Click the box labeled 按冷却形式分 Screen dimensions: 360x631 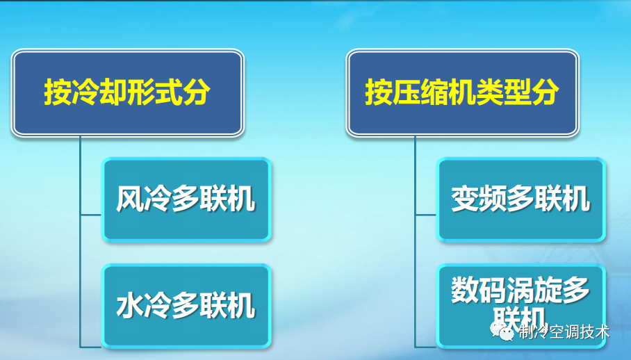pos(127,92)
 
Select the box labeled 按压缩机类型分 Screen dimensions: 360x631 pos(462,92)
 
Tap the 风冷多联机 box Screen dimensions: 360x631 pos(186,200)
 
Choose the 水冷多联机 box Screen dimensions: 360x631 pos(186,306)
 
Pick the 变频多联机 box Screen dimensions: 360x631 pos(521,200)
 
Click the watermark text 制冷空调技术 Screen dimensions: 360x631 pos(564,332)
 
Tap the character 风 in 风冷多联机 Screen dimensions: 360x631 pos(130,200)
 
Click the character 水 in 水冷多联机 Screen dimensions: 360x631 pos(130,306)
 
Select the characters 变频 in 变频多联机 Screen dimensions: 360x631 pos(479,200)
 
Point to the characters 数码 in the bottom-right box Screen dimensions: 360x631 pos(479,288)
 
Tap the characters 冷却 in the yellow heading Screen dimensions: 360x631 pos(99,92)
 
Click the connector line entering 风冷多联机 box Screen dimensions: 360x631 pos(91,215)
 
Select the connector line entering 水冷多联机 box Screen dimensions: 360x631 pos(91,345)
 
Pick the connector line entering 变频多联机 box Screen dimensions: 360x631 pos(425,215)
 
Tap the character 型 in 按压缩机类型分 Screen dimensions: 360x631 pos(518,92)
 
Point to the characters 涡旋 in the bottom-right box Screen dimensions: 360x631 pos(534,288)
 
